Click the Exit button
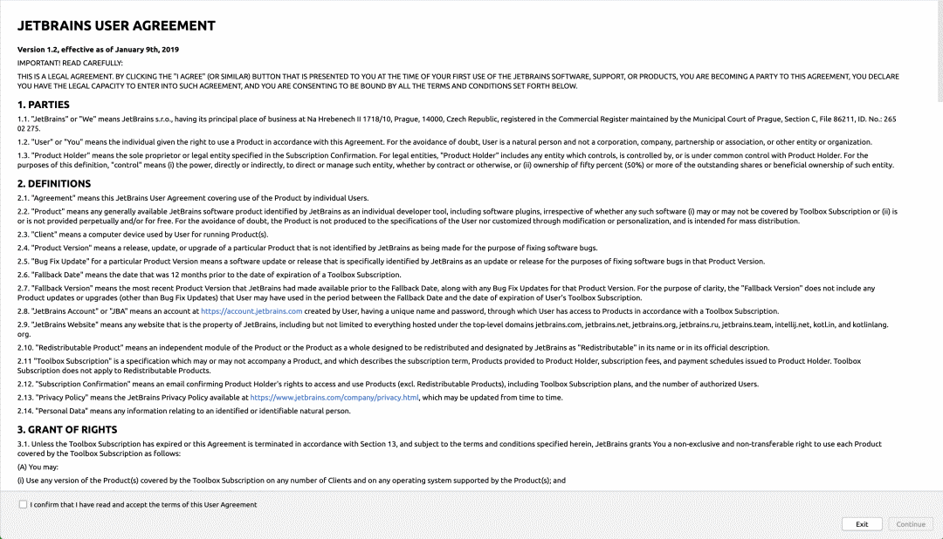(862, 524)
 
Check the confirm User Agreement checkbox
(23, 504)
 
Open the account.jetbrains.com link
(251, 310)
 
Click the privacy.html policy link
(334, 397)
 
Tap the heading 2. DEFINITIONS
(54, 184)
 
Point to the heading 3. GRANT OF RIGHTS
(67, 430)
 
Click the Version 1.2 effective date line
(98, 50)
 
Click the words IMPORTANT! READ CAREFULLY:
(70, 63)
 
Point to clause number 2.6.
(23, 275)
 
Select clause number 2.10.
(24, 347)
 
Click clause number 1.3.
(23, 154)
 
